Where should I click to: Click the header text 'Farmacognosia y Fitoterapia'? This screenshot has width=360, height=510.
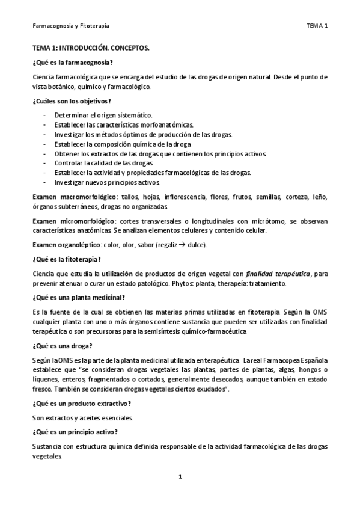point(70,26)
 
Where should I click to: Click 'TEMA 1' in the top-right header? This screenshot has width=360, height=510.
point(316,26)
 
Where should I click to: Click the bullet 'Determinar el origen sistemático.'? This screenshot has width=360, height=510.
point(103,115)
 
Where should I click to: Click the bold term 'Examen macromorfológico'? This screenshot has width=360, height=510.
point(70,197)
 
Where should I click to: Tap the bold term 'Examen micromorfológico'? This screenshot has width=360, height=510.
point(69,221)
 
